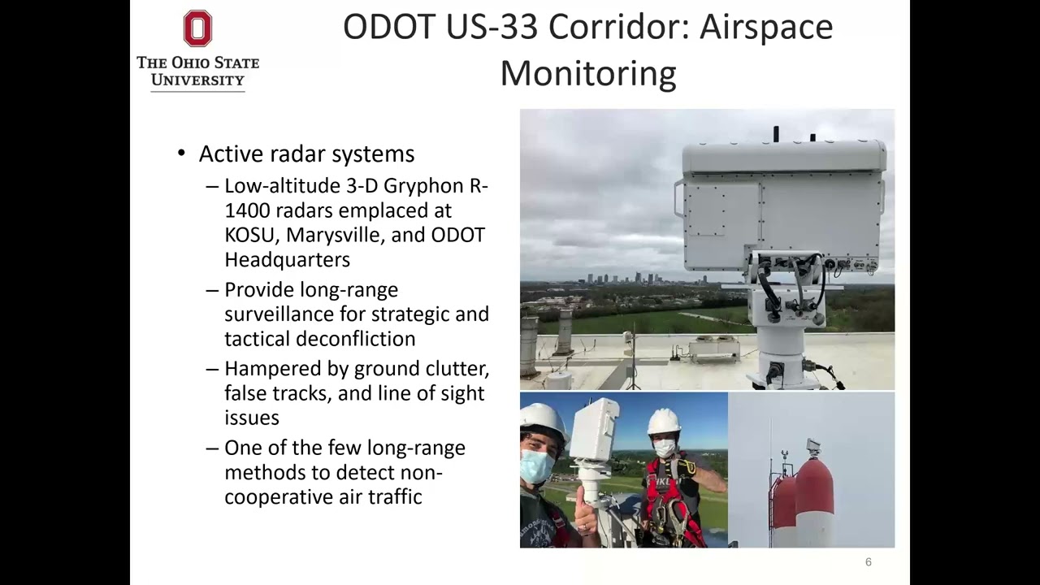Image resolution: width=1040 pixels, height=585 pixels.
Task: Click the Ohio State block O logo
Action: tap(197, 28)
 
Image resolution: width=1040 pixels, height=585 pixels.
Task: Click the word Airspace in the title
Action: tap(766, 27)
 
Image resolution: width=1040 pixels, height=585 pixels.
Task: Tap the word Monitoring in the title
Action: tap(587, 73)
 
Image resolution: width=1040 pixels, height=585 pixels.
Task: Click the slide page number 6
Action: tap(868, 562)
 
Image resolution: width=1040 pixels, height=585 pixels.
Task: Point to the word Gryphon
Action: tap(424, 186)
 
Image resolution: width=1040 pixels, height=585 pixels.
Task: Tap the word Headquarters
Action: tap(287, 260)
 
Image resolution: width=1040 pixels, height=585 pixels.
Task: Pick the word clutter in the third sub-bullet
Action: tap(457, 369)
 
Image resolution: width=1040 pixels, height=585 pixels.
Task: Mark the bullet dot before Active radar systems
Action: tap(182, 154)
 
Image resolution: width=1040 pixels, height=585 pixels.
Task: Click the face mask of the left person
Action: tap(536, 467)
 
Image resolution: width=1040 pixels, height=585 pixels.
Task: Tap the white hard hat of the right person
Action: tap(664, 421)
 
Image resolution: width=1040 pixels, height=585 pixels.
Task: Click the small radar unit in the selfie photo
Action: tap(594, 429)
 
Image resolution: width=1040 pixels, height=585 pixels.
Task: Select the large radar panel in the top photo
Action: tap(782, 207)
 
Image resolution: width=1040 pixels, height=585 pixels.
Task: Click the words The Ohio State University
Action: tap(197, 71)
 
